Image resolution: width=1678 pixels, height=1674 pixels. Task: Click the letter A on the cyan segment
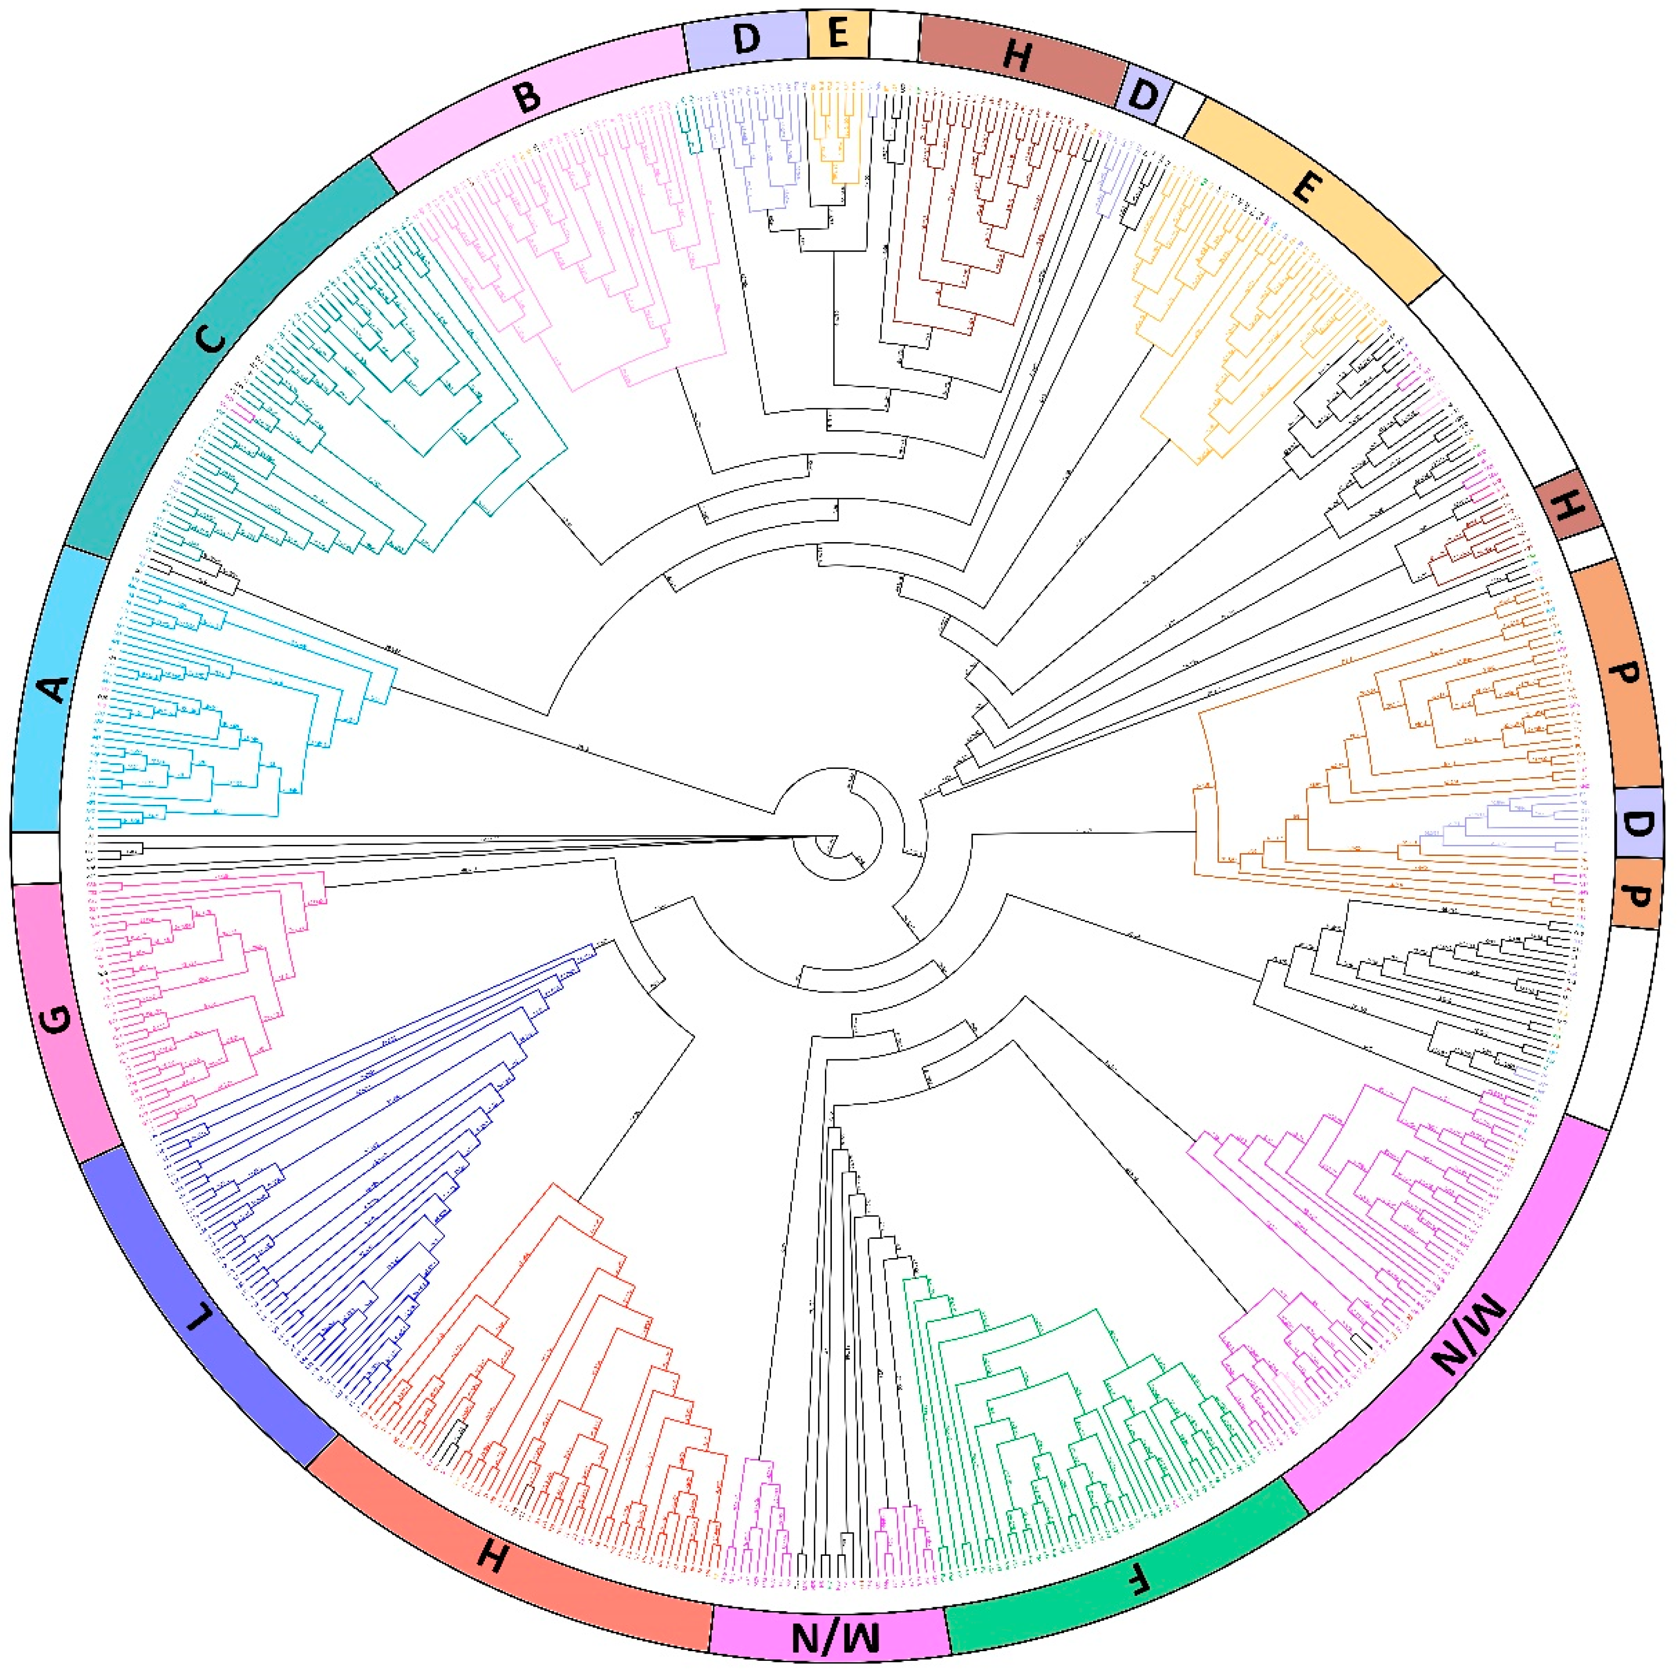click(x=54, y=689)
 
